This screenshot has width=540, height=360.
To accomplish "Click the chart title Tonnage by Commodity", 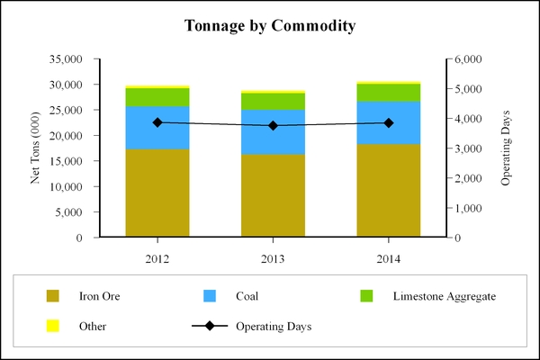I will (x=270, y=25).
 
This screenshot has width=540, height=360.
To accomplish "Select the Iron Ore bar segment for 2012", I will (x=157, y=193).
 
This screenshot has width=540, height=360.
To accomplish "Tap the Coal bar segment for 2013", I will (x=273, y=131).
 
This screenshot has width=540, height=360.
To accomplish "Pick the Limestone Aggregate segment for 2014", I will (x=388, y=92).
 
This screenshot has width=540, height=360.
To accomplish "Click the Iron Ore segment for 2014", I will (x=388, y=191).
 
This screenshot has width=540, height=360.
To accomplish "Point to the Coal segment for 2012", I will (x=157, y=127).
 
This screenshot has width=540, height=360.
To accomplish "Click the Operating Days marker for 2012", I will (x=157, y=122).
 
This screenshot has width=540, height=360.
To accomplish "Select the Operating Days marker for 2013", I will (x=273, y=126).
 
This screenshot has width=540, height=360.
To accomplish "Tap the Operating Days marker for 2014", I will (x=388, y=122).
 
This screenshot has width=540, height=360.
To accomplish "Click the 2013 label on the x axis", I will (x=273, y=258).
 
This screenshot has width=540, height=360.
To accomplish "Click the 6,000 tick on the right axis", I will (x=468, y=59).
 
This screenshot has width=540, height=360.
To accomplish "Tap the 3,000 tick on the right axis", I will (x=468, y=148).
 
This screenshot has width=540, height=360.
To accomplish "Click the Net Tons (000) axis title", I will (x=36, y=148).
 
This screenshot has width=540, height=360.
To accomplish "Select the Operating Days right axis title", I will (x=506, y=148).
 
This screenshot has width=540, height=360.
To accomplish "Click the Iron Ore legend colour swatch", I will (x=52, y=295).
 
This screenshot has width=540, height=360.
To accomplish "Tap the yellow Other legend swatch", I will (x=52, y=326).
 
